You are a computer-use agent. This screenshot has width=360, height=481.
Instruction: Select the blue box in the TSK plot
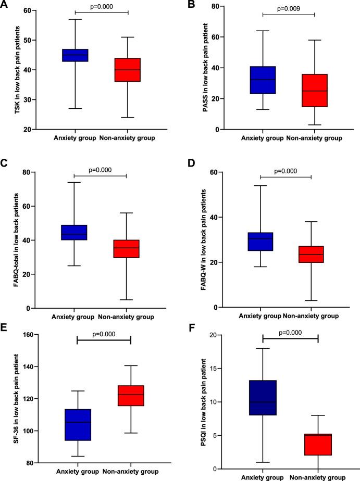(76, 55)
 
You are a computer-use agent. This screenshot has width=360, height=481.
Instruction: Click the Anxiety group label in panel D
(259, 315)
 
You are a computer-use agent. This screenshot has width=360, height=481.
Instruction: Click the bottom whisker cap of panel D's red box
(311, 300)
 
